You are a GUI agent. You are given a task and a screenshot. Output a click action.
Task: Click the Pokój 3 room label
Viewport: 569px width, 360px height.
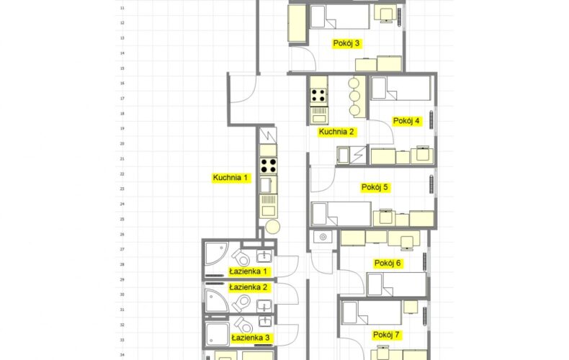346,43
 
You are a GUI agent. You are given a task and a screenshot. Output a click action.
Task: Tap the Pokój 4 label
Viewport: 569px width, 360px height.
406,121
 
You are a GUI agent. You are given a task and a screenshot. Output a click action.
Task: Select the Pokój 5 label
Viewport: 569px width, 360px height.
375,188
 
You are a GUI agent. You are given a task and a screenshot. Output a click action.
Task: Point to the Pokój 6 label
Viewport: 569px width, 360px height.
387,263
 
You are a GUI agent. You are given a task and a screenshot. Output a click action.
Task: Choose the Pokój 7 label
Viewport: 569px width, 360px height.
387,335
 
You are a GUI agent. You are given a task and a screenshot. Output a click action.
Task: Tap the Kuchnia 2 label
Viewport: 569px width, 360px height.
336,132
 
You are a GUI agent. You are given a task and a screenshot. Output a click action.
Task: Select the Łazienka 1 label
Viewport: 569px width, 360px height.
248,271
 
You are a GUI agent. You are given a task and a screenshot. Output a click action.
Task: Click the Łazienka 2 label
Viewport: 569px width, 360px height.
248,287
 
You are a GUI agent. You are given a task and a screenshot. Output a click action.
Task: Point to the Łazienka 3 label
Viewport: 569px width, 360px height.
251,338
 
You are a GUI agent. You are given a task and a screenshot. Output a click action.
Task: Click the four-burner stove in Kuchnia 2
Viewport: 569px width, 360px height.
318,96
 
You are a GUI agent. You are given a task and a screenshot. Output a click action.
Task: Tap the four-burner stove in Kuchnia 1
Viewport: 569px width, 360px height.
268,166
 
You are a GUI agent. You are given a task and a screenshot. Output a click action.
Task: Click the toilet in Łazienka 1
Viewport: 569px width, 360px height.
241,257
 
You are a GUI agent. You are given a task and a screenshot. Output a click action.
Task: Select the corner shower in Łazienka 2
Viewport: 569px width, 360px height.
216,300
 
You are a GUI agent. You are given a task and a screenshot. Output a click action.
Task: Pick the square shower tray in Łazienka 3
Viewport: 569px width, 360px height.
218,333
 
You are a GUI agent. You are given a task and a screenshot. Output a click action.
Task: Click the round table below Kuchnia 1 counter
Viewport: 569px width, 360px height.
272,227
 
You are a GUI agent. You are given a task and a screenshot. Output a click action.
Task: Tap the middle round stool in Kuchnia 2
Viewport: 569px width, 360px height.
354,96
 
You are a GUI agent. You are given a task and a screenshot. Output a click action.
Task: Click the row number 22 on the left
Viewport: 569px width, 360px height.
122,174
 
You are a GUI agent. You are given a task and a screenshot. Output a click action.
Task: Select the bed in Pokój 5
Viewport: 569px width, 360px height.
341,214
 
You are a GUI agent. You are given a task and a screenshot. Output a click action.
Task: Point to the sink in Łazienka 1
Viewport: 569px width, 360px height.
264,256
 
